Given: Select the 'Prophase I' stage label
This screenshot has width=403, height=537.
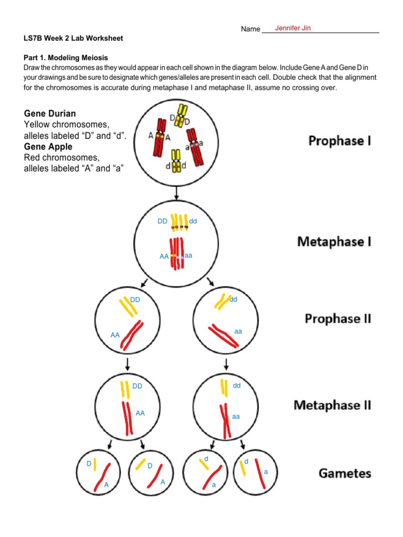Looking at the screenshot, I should click(x=340, y=141).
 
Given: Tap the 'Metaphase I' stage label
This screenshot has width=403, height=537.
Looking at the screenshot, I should click(x=334, y=241).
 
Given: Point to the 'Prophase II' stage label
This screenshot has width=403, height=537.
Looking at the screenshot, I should click(x=338, y=318).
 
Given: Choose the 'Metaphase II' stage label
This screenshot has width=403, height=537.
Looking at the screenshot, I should click(x=332, y=405).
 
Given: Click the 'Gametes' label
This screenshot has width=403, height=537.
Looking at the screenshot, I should click(x=345, y=473).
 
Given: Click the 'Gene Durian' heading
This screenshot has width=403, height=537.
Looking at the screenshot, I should click(x=50, y=114).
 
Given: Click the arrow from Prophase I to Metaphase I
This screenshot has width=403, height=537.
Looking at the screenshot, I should click(x=177, y=194).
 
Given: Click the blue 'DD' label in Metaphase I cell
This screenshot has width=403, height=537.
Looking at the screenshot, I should click(x=163, y=221).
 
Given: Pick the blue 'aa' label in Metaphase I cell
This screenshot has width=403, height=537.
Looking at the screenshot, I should click(x=189, y=255).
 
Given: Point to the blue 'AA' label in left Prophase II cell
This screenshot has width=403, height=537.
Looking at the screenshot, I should click(x=115, y=334).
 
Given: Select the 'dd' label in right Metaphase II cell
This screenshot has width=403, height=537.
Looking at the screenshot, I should click(x=237, y=385).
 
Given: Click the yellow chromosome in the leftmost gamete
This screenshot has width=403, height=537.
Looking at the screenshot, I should click(x=95, y=464).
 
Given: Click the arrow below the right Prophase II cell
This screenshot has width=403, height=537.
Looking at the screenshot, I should click(x=226, y=363).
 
